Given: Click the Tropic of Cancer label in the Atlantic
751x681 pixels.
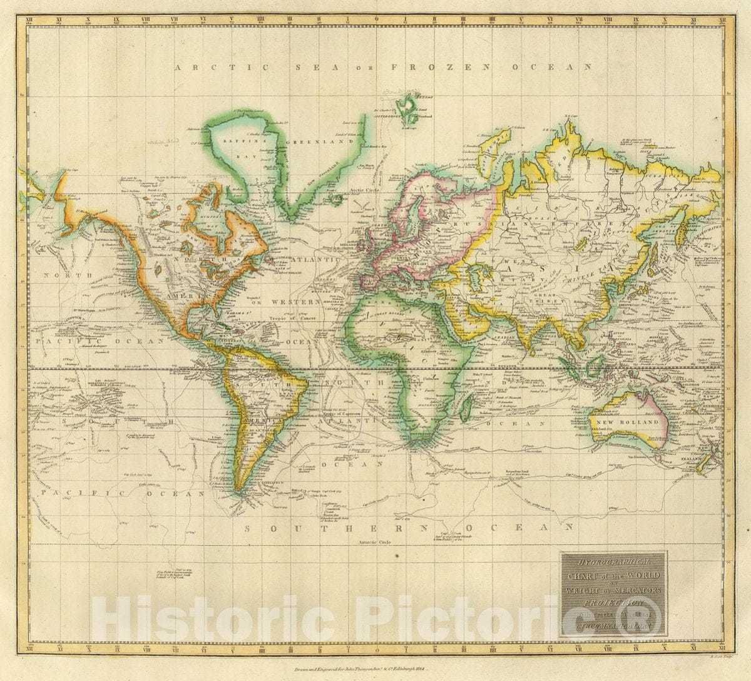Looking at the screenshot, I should tap(295, 318).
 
